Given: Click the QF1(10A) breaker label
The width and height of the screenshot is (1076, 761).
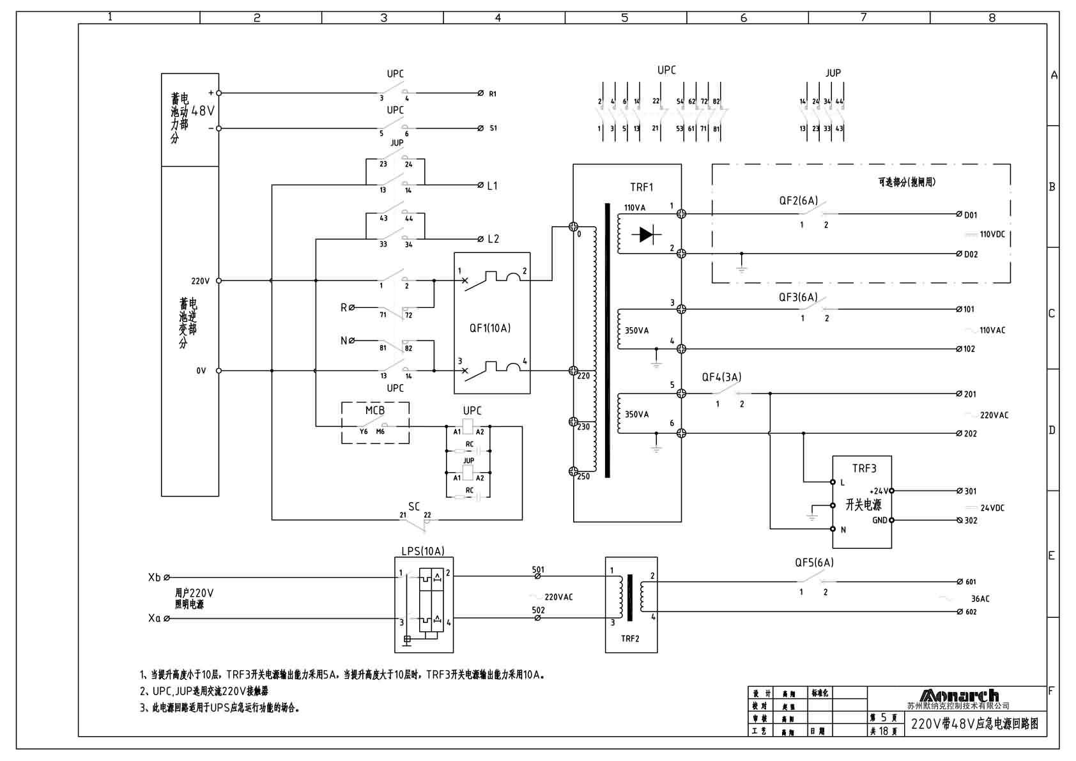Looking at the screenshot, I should click(489, 328).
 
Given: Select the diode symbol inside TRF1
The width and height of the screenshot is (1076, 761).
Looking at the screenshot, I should click(646, 234).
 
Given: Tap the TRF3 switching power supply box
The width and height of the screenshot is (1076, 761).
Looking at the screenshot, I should click(861, 502).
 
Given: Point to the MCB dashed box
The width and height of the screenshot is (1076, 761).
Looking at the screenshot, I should click(375, 422).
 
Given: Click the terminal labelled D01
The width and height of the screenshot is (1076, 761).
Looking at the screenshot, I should click(971, 215).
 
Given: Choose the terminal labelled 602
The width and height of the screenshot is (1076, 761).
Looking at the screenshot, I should click(971, 612).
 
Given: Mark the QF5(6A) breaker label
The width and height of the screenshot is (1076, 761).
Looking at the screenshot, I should click(813, 562).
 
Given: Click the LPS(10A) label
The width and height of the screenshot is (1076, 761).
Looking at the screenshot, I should click(422, 551).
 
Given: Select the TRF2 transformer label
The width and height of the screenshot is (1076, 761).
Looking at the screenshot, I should click(629, 638).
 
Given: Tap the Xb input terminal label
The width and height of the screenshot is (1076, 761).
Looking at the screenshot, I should click(154, 578).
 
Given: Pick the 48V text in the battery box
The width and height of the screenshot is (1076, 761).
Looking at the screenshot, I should click(203, 111).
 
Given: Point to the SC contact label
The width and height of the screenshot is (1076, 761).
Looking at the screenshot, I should click(413, 507).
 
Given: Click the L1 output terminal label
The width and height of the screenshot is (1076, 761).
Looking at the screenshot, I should click(492, 186).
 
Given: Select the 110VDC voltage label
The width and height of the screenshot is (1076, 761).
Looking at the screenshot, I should click(992, 234).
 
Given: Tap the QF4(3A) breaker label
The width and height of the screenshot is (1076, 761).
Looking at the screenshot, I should click(721, 377).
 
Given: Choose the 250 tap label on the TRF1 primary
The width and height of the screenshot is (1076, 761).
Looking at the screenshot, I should click(583, 477).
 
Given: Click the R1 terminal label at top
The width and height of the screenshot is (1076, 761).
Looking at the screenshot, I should click(493, 94).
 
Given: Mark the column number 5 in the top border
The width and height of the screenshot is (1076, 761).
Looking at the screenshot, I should click(624, 18).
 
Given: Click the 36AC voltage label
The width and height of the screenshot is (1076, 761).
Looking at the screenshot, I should click(980, 599).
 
